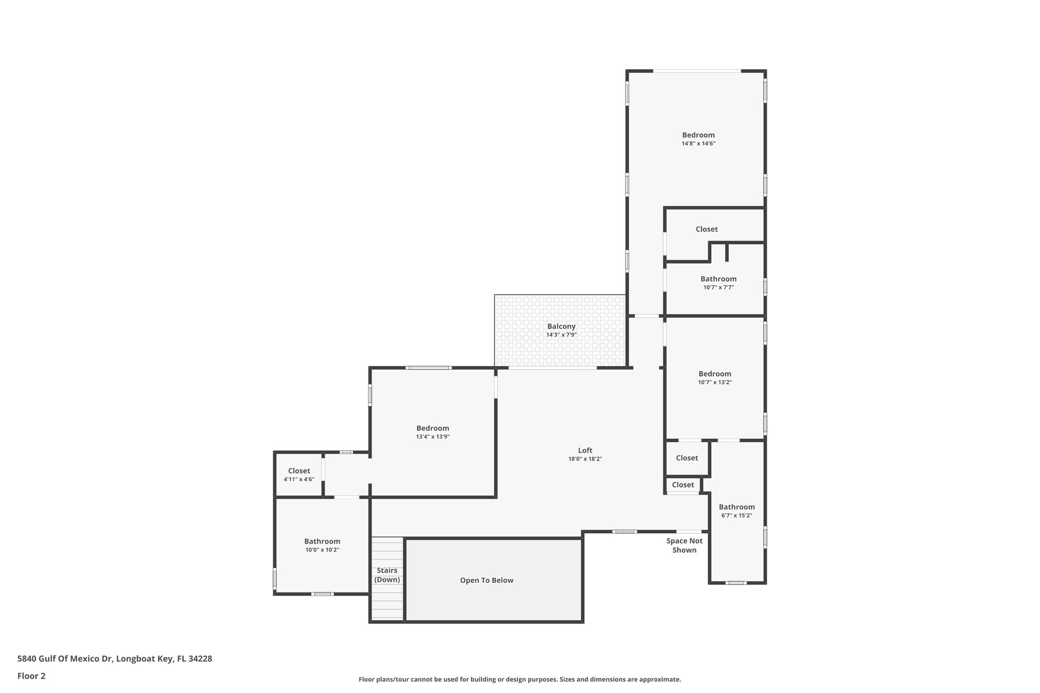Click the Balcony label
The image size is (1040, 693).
point(561,326)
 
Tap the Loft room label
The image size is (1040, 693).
point(585,450)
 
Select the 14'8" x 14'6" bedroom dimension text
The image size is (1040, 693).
point(698,144)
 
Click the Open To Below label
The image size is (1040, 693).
point(486,580)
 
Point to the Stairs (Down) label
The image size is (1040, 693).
point(387,575)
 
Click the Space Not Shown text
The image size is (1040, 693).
point(685,546)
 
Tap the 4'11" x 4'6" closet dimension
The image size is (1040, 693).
point(299,479)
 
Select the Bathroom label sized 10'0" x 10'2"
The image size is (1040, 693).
point(322,541)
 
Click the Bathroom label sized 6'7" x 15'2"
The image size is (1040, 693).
point(736,507)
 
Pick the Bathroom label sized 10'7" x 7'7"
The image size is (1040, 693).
point(718,279)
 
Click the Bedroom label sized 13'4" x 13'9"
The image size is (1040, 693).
point(433,428)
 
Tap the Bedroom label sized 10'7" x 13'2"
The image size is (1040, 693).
point(714,374)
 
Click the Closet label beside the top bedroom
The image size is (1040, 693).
point(706,229)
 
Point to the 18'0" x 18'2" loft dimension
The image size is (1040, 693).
point(585,459)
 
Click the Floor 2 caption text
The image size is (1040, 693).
point(31,676)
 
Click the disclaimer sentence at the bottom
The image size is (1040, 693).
point(519,679)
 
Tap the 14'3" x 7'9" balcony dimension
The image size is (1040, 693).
point(561,335)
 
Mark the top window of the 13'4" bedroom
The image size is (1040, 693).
point(428,368)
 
